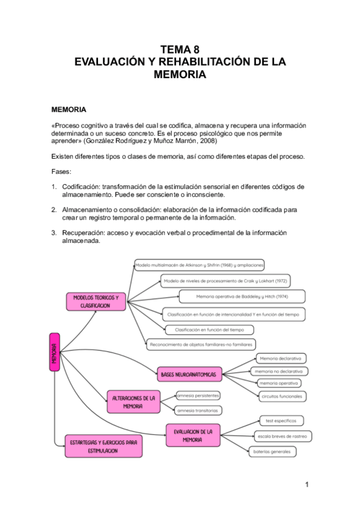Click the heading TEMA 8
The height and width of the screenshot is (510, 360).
(179, 50)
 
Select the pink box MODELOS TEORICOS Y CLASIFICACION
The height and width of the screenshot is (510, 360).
(96, 301)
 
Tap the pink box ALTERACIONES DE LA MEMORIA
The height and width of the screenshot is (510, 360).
(133, 402)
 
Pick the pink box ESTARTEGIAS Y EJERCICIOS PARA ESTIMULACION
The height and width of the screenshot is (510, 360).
(103, 446)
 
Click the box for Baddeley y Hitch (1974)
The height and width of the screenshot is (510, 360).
(242, 296)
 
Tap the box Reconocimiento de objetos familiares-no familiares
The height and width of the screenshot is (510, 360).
(201, 345)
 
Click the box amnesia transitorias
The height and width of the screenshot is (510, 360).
(198, 410)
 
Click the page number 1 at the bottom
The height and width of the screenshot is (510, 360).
(307, 484)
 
